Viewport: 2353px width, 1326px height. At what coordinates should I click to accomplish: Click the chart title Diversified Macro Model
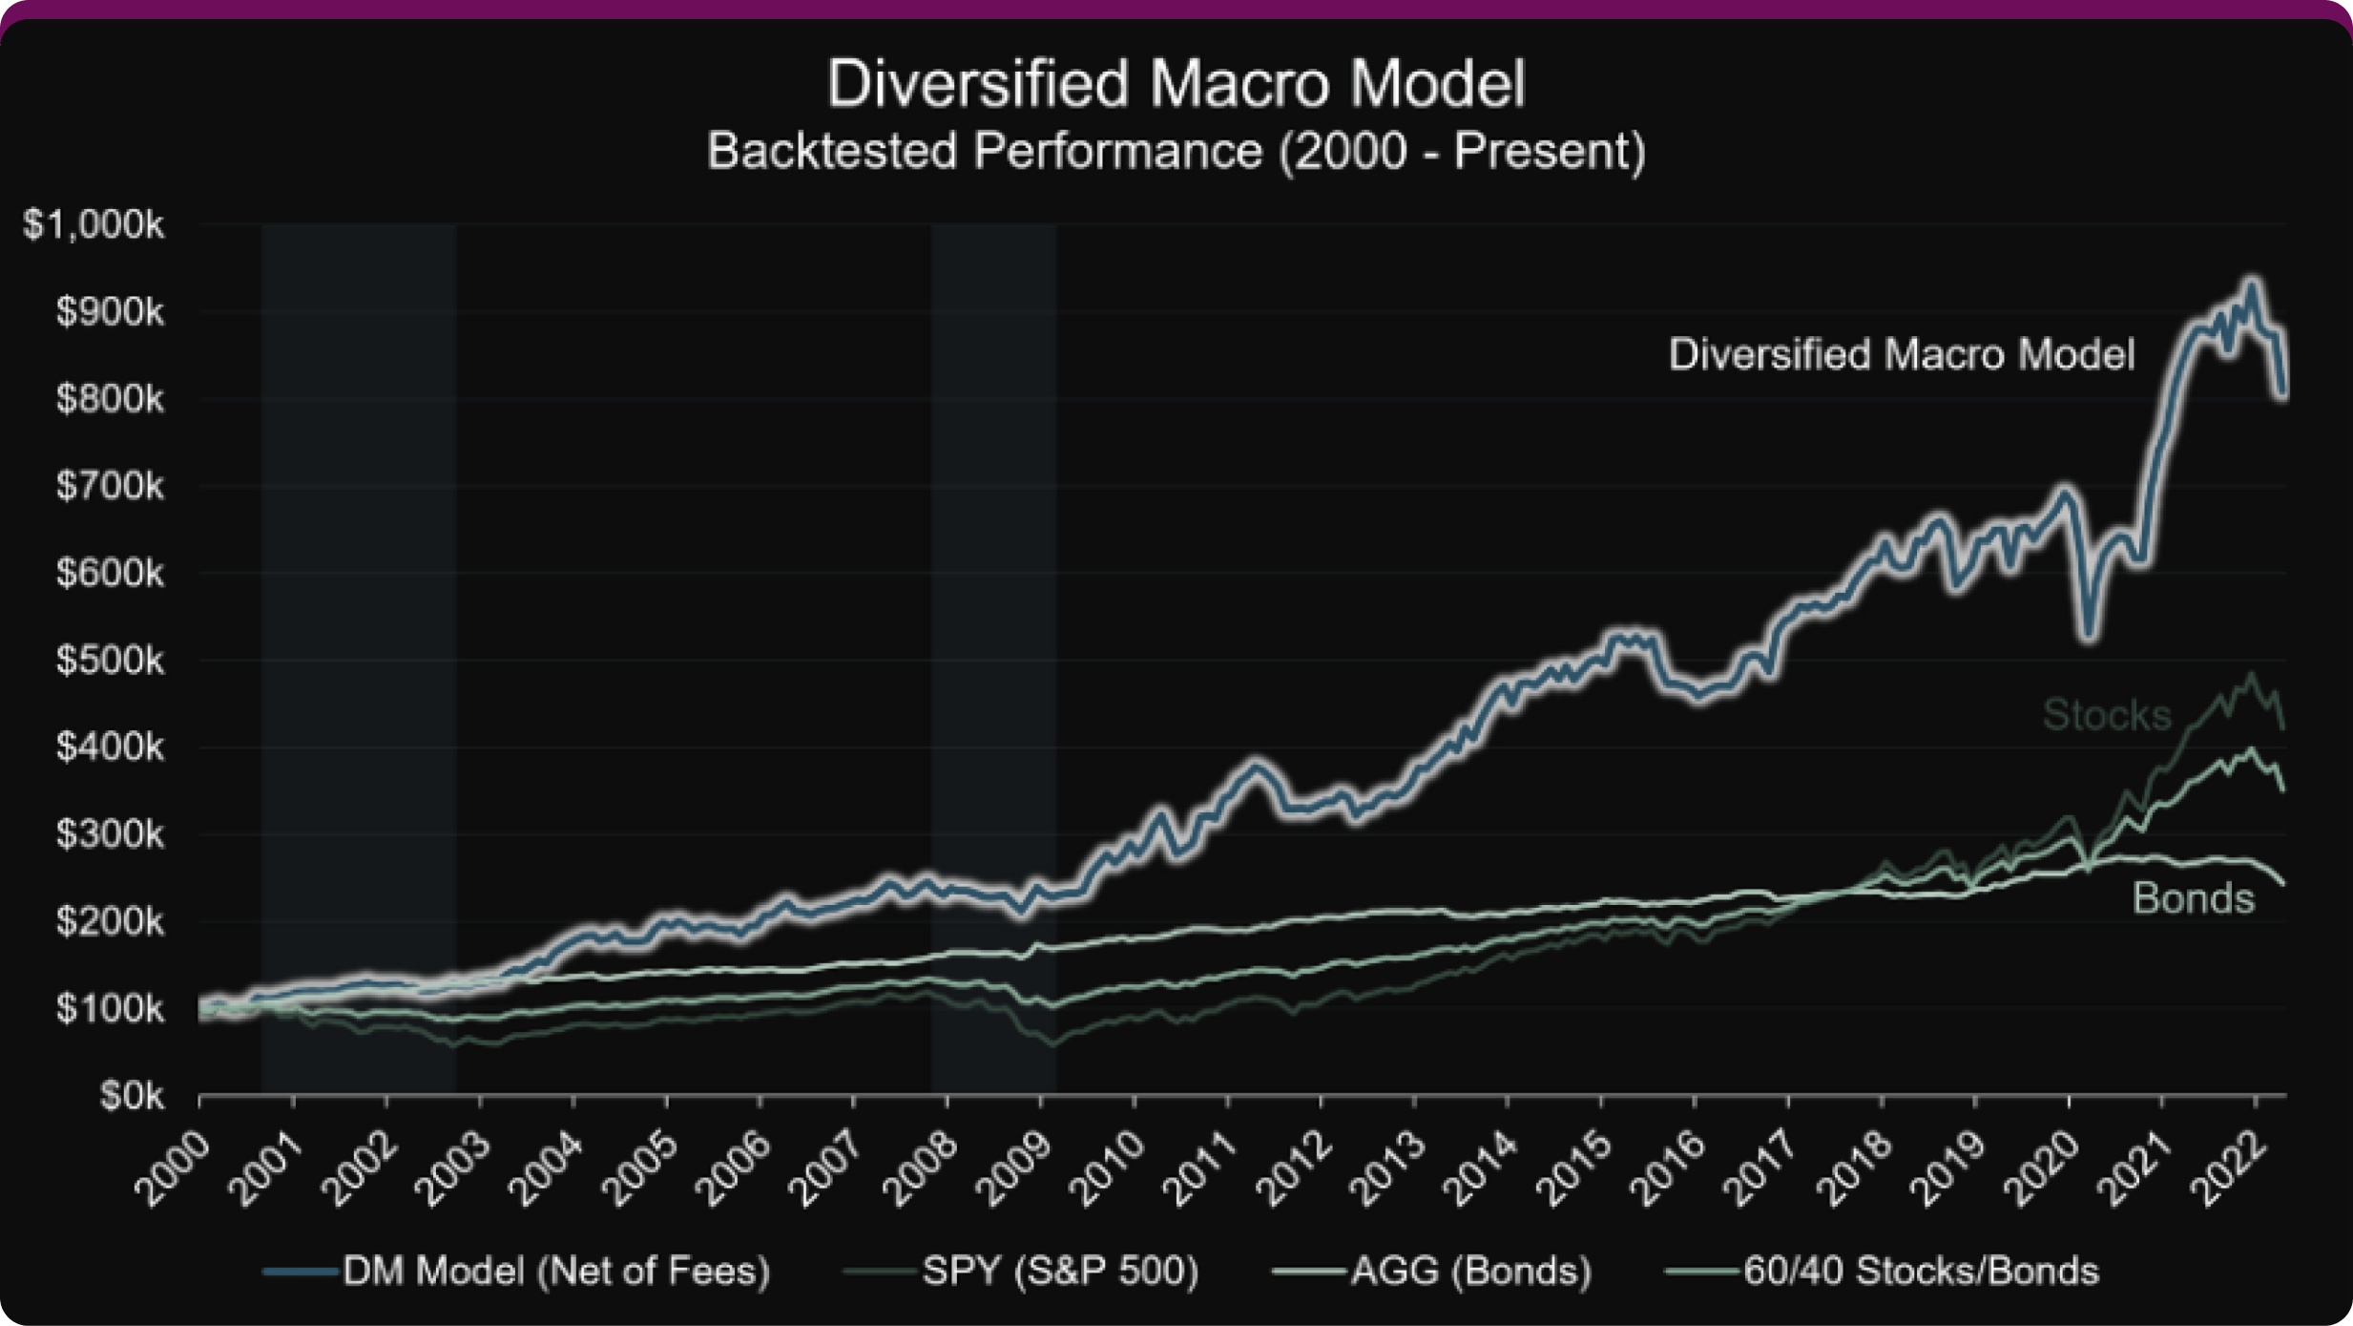1176,84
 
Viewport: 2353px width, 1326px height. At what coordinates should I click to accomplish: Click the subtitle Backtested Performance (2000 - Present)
1176,152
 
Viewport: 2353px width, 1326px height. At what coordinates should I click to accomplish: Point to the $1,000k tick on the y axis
94,225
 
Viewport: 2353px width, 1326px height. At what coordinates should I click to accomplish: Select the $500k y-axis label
109,661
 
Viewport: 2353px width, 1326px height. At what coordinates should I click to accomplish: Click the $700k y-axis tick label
109,487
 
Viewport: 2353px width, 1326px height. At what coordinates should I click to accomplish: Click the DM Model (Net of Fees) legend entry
555,1272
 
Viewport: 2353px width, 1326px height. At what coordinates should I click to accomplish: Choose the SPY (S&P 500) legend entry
1059,1272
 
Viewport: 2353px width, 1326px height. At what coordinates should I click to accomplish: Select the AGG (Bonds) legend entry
1469,1272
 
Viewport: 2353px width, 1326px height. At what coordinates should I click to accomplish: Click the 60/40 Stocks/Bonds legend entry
1920,1272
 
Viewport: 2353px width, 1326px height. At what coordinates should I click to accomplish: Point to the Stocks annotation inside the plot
2106,715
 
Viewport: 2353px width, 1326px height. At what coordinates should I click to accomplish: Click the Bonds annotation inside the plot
2193,898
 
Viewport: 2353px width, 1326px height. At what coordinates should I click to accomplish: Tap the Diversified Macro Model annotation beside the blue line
1901,355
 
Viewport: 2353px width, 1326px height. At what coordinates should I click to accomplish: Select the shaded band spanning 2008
992,659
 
